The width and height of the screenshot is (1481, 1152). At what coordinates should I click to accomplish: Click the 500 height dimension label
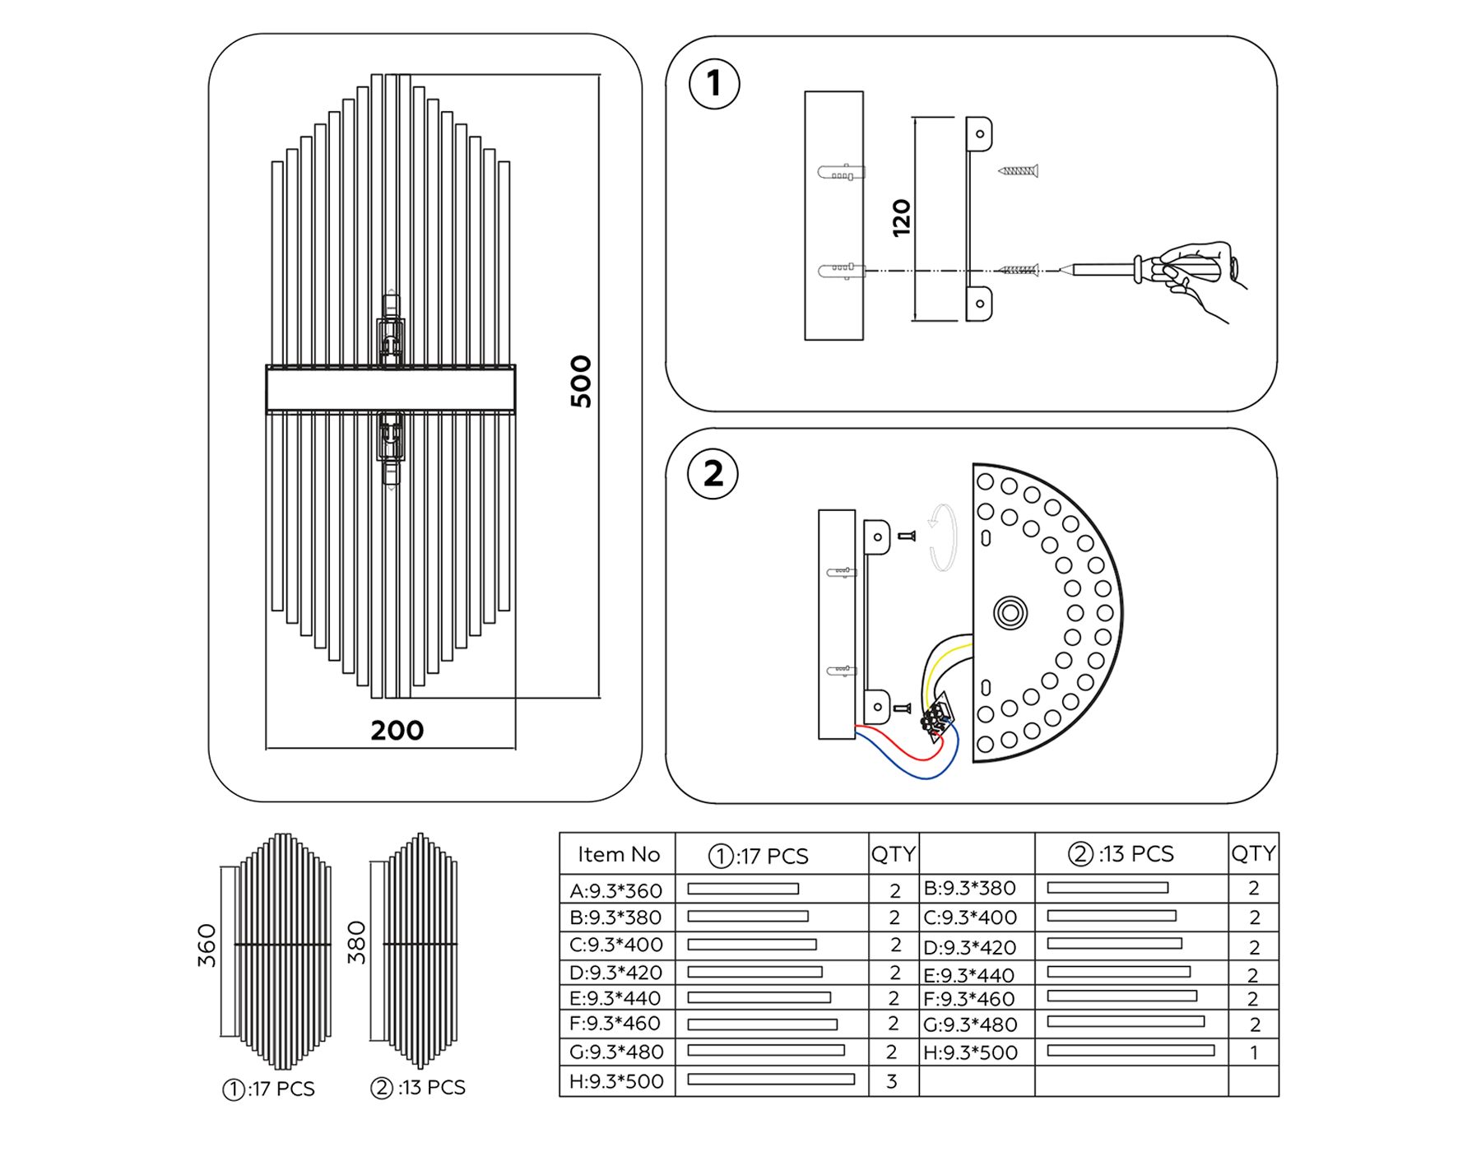click(581, 382)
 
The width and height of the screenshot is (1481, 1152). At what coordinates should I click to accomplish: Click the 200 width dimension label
click(397, 731)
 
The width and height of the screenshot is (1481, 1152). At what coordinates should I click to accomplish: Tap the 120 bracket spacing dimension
click(902, 218)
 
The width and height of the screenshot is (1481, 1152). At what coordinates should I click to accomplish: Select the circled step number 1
click(713, 84)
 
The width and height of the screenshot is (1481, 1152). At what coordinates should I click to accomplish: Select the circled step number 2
click(713, 474)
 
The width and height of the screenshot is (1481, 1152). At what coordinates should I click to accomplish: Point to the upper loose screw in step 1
click(1019, 171)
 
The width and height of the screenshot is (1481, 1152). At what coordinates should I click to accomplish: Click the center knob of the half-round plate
click(1010, 613)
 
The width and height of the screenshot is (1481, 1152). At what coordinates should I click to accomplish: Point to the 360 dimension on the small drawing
click(207, 945)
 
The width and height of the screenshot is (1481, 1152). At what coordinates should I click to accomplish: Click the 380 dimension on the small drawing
click(355, 943)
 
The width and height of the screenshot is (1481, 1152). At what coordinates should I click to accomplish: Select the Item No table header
click(619, 855)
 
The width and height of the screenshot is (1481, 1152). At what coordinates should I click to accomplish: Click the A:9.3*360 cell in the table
click(616, 890)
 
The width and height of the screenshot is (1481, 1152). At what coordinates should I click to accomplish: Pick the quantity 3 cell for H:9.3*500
click(892, 1081)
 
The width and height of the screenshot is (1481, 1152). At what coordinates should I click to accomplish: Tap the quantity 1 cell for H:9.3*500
click(1253, 1052)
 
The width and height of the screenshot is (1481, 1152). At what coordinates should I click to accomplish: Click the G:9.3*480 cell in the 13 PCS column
click(970, 1025)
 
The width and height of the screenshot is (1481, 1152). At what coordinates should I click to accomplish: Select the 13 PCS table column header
click(1121, 854)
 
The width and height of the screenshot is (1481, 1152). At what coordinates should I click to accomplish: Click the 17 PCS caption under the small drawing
click(269, 1089)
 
